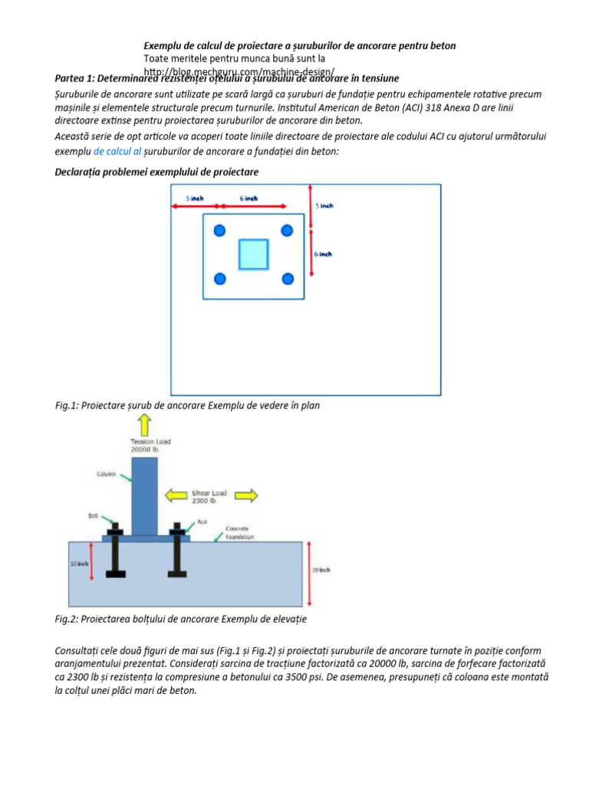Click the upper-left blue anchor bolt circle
pyautogui.click(x=220, y=230)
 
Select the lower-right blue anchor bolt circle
pyautogui.click(x=288, y=279)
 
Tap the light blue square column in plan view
pyautogui.click(x=253, y=254)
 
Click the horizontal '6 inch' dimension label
pyautogui.click(x=248, y=198)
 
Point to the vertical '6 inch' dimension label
pyautogui.click(x=324, y=253)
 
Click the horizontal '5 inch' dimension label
pyautogui.click(x=196, y=198)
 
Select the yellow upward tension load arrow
pyautogui.click(x=143, y=424)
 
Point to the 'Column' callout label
pyautogui.click(x=106, y=474)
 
